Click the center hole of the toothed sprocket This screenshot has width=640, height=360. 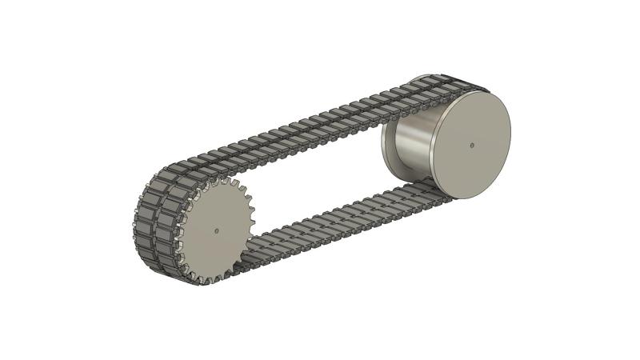click(x=216, y=230)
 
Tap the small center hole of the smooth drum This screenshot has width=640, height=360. click(x=472, y=145)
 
